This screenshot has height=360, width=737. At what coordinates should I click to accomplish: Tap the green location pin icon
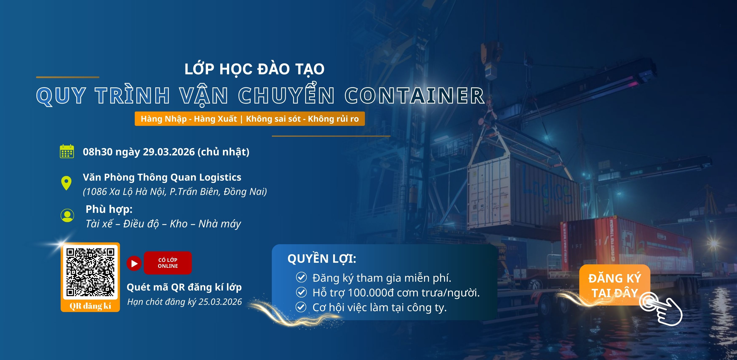click(x=66, y=183)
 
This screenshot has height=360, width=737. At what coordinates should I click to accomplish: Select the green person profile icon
click(x=67, y=215)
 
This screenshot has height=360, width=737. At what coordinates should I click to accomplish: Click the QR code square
click(x=90, y=272)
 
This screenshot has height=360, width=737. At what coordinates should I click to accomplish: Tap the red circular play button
click(x=134, y=263)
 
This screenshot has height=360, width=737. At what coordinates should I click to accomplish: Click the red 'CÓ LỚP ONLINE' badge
click(x=168, y=263)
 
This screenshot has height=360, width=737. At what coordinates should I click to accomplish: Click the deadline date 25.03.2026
click(x=220, y=302)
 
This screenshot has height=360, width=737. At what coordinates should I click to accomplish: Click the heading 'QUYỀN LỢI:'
click(x=322, y=259)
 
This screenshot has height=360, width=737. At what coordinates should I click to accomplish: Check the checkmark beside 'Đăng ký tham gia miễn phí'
click(x=301, y=277)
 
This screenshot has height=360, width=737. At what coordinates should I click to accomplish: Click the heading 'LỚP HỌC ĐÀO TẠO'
click(x=254, y=69)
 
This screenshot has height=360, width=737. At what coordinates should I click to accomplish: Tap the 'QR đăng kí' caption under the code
click(x=90, y=306)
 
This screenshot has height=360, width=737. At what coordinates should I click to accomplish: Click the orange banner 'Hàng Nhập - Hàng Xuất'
click(x=250, y=119)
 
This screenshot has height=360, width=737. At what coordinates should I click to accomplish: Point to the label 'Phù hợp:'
click(x=109, y=209)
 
